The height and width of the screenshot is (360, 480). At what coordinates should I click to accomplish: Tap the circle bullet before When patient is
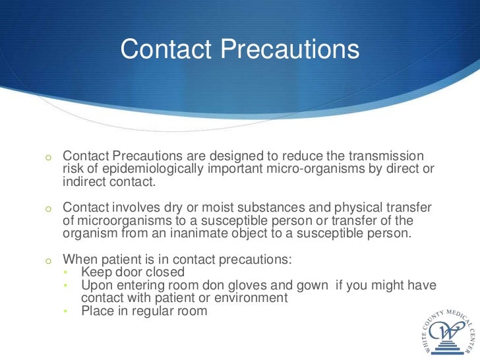(48, 260)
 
